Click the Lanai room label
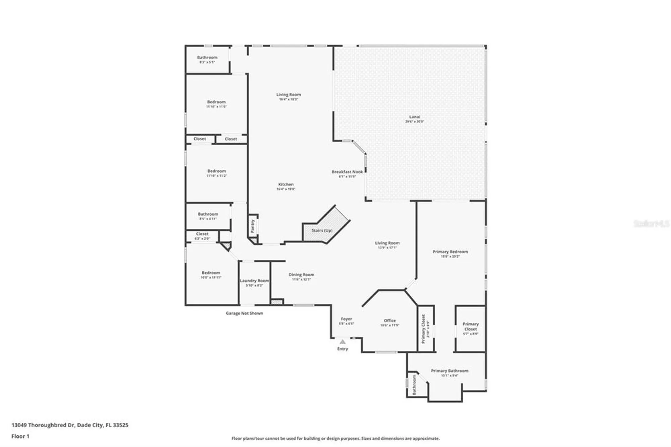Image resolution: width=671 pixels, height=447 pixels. [x=415, y=117]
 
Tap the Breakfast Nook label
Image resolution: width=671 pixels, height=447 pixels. [x=347, y=172]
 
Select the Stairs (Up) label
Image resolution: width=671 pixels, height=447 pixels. [x=322, y=231]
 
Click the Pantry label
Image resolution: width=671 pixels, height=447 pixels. [x=253, y=227]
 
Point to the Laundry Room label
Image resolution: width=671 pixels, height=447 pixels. [x=254, y=281]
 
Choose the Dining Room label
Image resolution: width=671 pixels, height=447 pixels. [x=301, y=275]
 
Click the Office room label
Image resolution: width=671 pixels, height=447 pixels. [x=390, y=321]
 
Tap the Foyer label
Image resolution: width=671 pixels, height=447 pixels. [x=346, y=319]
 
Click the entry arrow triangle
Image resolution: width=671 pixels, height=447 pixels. [x=342, y=342]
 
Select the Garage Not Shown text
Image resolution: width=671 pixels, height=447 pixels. [x=244, y=313]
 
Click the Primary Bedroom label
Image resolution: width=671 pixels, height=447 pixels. [x=450, y=252]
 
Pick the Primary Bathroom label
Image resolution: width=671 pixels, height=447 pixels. [x=449, y=371]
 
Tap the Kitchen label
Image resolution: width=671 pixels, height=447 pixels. [x=286, y=185]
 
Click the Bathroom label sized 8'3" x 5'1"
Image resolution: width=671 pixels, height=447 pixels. [x=207, y=58]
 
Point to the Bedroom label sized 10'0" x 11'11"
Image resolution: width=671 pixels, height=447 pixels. [x=211, y=273]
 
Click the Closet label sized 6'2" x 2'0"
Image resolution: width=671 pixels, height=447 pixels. [x=202, y=234]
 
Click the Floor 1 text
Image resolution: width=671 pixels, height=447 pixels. [x=20, y=436]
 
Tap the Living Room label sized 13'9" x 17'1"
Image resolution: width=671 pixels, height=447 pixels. [x=387, y=243]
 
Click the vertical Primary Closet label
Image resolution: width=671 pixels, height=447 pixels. [x=423, y=329]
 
